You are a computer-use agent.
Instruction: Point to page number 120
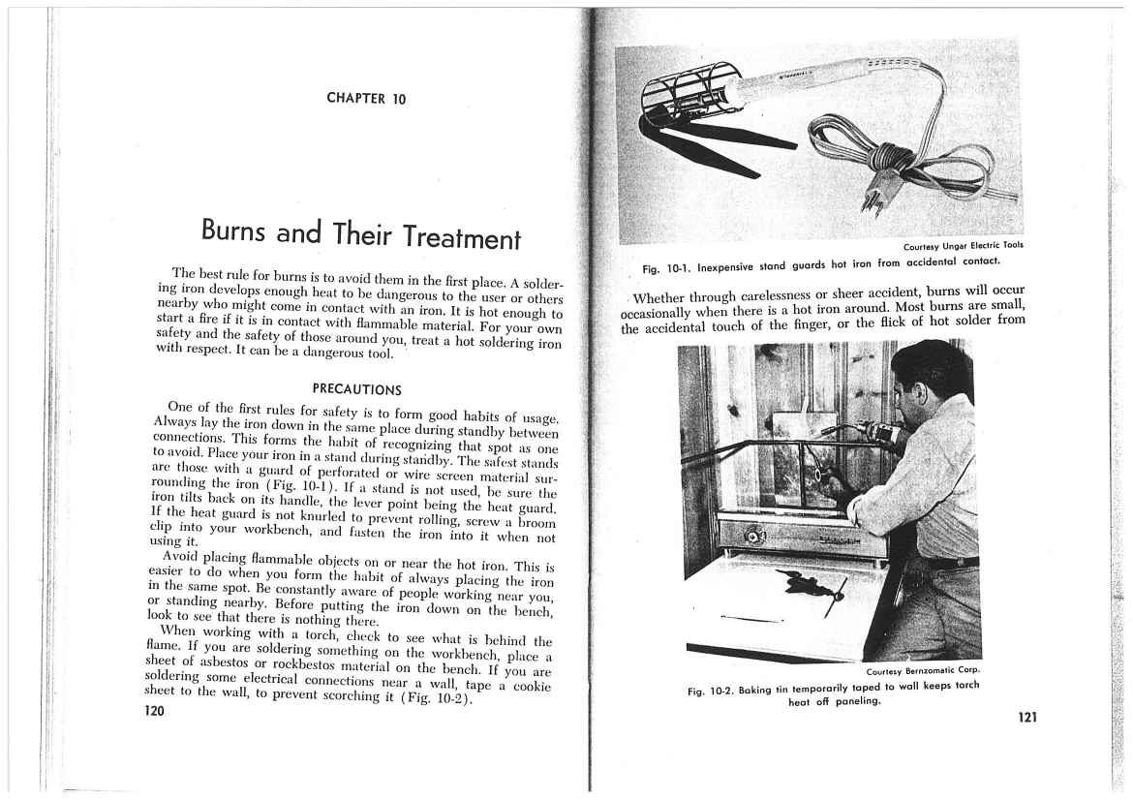(153, 711)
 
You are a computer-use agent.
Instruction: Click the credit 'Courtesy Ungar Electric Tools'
(963, 245)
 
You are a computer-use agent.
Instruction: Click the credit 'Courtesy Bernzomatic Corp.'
(924, 669)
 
